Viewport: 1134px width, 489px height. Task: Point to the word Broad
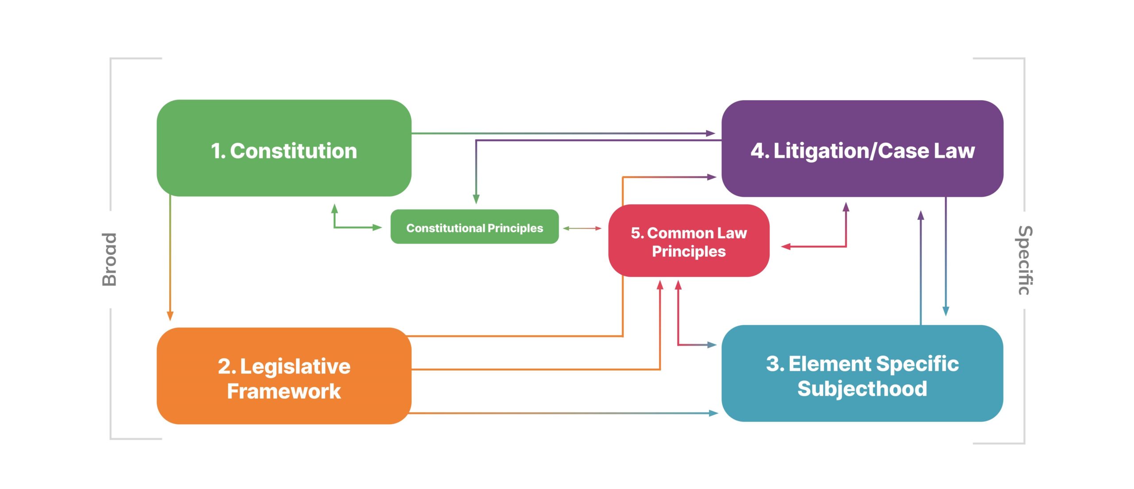pos(109,259)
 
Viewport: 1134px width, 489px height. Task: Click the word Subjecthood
pos(862,389)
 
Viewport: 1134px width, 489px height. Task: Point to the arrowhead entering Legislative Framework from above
pos(170,315)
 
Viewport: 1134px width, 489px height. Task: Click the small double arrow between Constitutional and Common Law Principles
pos(582,229)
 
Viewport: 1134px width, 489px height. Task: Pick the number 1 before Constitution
pos(217,151)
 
